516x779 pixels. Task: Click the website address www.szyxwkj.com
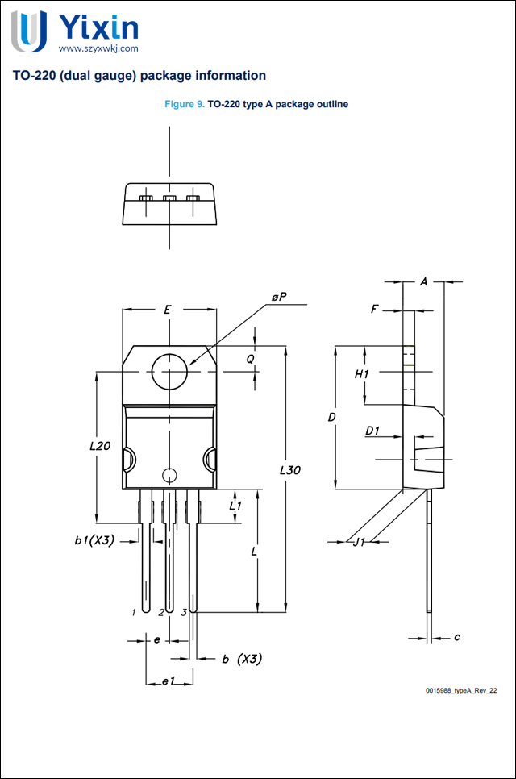pos(94,48)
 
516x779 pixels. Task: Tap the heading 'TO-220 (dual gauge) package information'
pos(139,76)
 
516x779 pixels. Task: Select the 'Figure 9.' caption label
pos(185,105)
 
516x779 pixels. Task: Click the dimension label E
pos(168,310)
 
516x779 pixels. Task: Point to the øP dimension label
pos(278,298)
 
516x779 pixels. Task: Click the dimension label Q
pos(251,358)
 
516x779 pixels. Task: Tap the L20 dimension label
pos(100,444)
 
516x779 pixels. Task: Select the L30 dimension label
pos(290,469)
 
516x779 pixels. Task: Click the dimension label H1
pos(362,374)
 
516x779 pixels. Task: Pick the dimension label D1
pos(372,431)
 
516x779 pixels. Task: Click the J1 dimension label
pos(360,542)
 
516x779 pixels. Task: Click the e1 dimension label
pos(168,682)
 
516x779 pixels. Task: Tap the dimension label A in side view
pos(424,281)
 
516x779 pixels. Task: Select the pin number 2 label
pos(161,613)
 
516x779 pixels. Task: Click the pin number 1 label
pos(134,613)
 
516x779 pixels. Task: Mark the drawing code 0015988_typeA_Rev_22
pos(462,691)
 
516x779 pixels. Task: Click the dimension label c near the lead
pos(456,637)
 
